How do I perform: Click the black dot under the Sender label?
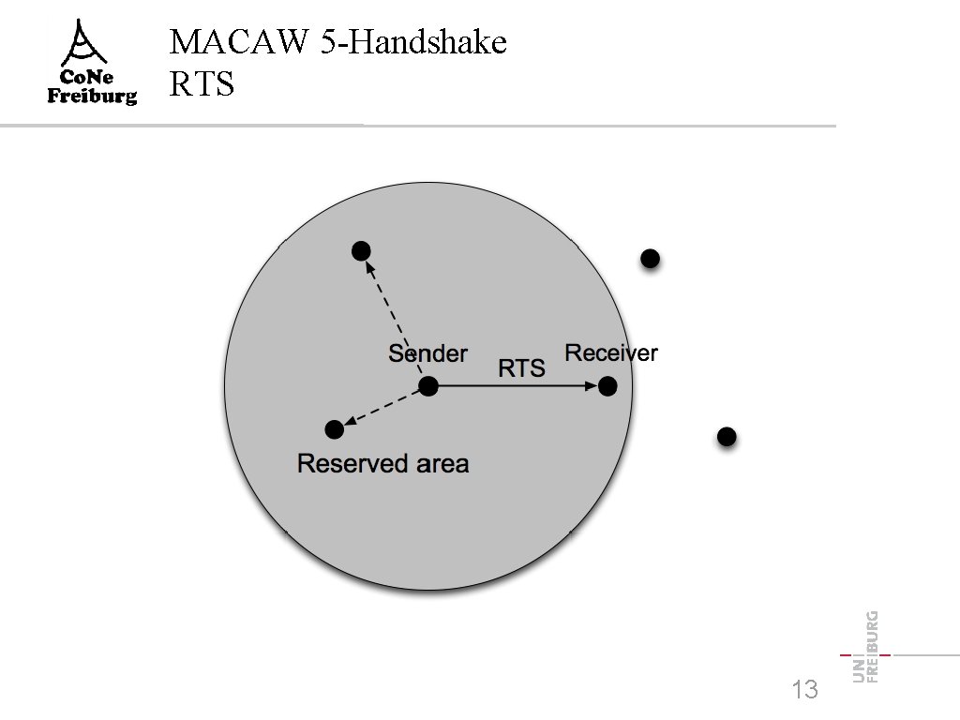click(x=428, y=385)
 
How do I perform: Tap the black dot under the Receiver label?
click(x=607, y=385)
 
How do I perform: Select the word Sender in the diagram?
click(x=427, y=353)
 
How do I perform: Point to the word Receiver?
click(x=611, y=352)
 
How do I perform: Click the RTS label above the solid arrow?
click(x=521, y=368)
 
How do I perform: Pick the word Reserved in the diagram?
click(x=352, y=463)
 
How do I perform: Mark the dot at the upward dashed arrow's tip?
click(x=361, y=250)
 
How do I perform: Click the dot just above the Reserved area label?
click(x=334, y=429)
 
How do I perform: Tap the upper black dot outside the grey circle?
click(x=650, y=258)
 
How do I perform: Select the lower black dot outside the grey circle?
click(x=726, y=436)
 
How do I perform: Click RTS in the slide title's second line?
click(x=202, y=85)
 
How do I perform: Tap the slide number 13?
click(x=804, y=691)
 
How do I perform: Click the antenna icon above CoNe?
click(x=91, y=42)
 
